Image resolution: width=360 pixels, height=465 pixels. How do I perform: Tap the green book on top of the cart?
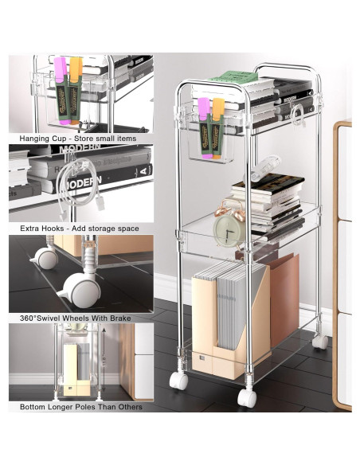pyautogui.click(x=235, y=77)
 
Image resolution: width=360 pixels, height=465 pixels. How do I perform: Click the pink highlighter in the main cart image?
pyautogui.click(x=205, y=127)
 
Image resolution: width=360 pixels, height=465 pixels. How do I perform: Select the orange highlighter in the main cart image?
pyautogui.click(x=218, y=127)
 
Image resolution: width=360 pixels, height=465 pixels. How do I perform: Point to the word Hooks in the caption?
pyautogui.click(x=53, y=229)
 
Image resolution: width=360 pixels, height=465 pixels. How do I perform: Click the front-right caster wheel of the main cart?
pyautogui.click(x=247, y=397)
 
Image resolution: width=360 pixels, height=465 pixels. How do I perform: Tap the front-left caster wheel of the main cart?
pyautogui.click(x=178, y=381)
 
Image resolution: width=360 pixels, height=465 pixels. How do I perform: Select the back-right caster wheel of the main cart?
pyautogui.click(x=320, y=342)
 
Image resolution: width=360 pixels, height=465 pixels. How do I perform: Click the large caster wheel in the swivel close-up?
pyautogui.click(x=79, y=290)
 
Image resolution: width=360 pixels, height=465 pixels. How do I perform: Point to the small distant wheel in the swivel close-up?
pyautogui.click(x=45, y=258)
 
